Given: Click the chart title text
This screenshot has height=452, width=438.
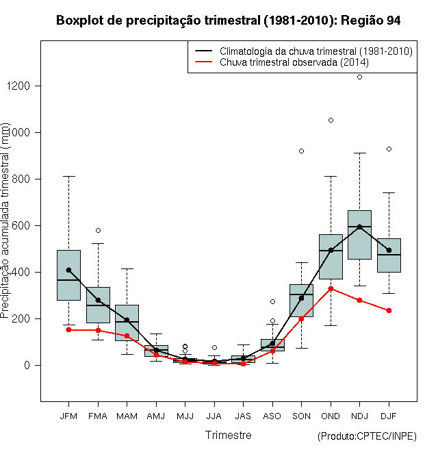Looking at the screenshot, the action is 228,21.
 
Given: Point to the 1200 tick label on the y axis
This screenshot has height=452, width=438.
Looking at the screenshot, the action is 18,86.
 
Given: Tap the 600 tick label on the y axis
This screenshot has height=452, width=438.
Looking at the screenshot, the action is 21,225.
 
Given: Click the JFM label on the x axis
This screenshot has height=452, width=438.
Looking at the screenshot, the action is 68,416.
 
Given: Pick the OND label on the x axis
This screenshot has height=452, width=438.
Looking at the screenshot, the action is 331,416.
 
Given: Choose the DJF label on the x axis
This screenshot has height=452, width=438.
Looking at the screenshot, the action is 389,416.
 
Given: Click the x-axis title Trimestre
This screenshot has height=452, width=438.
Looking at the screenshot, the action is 228,435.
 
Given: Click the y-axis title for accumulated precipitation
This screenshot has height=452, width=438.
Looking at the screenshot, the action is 5,221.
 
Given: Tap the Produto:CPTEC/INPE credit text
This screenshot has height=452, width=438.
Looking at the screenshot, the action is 367,436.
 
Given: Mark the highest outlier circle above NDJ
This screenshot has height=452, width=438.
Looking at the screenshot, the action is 359,77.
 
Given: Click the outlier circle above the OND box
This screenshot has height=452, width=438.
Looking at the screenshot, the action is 331,121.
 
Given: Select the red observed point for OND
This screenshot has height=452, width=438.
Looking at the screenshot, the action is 331,288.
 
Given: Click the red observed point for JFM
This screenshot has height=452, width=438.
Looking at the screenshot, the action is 68,330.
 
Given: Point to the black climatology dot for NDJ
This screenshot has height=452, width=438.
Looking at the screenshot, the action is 359,227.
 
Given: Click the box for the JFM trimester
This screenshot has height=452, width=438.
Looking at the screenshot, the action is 68,275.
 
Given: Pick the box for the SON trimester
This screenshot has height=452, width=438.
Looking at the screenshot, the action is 301,301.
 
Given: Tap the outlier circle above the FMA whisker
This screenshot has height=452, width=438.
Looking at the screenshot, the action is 99,230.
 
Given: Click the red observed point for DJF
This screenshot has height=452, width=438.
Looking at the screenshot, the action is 389,310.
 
